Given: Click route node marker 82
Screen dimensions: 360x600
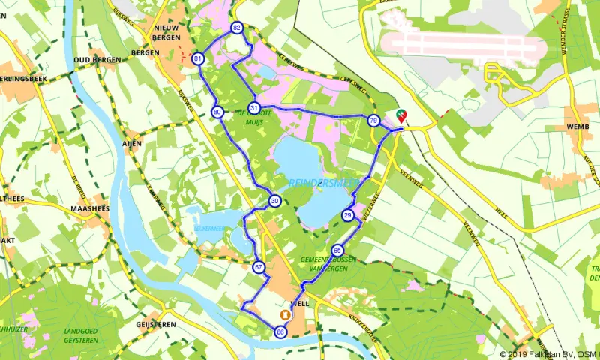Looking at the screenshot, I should click(237, 28).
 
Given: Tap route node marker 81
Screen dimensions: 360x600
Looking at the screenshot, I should click(198, 58).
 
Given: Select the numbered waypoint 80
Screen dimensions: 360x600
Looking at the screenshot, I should click(217, 112).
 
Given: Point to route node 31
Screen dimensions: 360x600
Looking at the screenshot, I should click(255, 108).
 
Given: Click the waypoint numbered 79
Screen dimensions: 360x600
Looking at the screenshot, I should click(373, 121).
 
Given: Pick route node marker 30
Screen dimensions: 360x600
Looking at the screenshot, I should click(275, 201).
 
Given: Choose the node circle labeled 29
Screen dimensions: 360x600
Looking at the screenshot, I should click(348, 216).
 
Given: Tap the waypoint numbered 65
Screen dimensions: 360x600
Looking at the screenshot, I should click(337, 250).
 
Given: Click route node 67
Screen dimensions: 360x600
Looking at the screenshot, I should click(259, 267).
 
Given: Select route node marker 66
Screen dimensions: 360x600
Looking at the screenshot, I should click(280, 332).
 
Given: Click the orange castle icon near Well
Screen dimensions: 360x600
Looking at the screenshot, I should click(285, 313).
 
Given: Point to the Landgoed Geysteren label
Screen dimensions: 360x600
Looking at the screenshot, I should click(82, 334).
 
